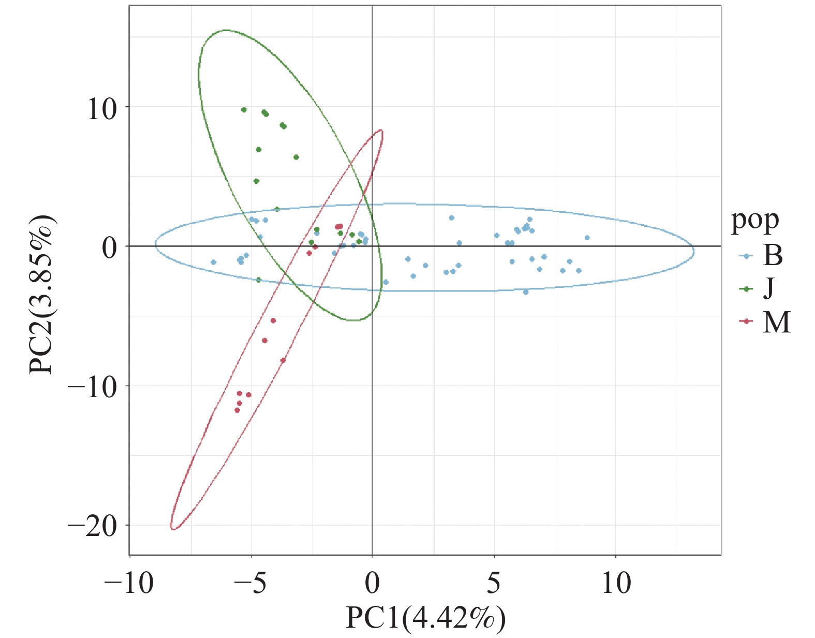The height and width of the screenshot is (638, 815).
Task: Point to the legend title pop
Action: (755, 221)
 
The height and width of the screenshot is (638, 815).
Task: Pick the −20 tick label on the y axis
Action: (93, 527)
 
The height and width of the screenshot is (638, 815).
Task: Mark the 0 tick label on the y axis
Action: (109, 248)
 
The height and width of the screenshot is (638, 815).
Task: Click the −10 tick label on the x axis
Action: (129, 584)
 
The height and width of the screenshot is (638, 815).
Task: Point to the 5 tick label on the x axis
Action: (494, 584)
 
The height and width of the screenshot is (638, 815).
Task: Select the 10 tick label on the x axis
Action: (616, 584)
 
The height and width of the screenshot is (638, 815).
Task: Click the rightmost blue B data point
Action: (587, 238)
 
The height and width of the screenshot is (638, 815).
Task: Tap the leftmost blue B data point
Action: (213, 262)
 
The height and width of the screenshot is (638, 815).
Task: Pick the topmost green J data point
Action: (244, 110)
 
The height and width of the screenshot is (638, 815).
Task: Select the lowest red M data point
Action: (237, 410)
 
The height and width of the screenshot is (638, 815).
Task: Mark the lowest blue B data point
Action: (526, 292)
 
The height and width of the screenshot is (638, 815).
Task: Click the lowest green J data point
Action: (258, 280)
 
